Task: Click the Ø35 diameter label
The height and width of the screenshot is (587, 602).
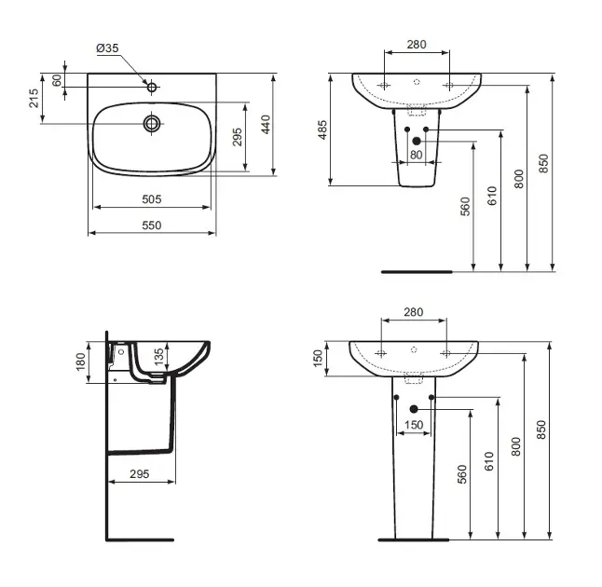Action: (x=107, y=48)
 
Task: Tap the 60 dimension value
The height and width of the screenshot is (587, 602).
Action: (x=57, y=81)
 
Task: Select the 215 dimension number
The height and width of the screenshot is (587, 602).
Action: (x=34, y=98)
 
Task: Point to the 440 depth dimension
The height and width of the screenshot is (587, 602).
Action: (x=266, y=124)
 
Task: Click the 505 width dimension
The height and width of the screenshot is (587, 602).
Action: (x=152, y=199)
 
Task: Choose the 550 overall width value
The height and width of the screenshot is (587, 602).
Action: (x=152, y=225)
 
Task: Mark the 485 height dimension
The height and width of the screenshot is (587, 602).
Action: (x=322, y=130)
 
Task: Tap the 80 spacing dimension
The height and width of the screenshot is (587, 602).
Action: (x=417, y=155)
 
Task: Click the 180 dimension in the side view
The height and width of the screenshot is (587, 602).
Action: (x=81, y=362)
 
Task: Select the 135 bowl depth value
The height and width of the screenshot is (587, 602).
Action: (x=158, y=357)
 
